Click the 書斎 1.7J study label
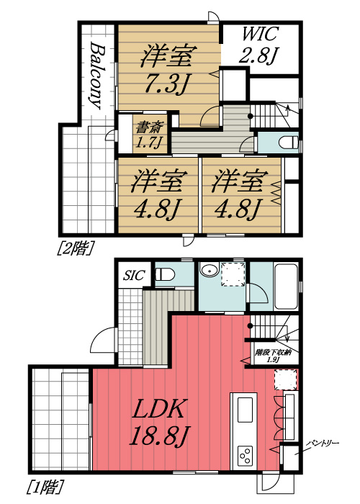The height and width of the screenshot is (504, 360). coord(150,135)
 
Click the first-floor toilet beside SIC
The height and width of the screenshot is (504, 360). coord(165,275)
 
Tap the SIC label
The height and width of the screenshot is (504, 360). coord(134,275)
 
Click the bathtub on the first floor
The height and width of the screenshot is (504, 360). coord(285,287)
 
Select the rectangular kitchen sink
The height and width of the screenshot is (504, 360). coord(245,410)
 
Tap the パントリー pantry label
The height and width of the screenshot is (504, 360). coord(322,444)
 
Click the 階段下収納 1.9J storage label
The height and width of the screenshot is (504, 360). coord(273,356)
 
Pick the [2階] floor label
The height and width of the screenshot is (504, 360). coord(76,248)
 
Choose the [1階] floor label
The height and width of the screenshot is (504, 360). coord(45,487)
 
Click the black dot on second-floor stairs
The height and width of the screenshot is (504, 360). coord(251,116)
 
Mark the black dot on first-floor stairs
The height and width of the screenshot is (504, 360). coord(250,326)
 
